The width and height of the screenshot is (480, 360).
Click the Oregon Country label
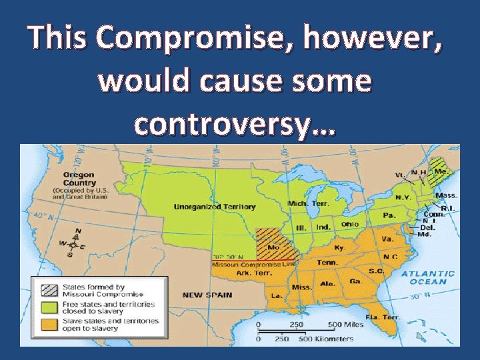pos(79,179)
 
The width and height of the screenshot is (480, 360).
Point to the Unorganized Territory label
pos(214,207)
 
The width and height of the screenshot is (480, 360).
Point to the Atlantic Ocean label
pos(428,277)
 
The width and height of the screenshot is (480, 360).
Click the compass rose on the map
pos(77,243)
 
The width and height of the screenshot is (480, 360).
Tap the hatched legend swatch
pos(49,291)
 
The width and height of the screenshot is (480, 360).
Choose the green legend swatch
pos(49,307)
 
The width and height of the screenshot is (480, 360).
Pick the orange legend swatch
pos(49,324)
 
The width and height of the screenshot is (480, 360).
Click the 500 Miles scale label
pos(345,325)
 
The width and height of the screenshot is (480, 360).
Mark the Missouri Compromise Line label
pos(253,265)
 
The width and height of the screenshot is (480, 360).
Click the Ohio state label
pos(349,224)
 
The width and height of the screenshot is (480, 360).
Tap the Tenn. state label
pos(327,262)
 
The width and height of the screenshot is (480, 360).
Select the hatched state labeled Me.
pos(439,171)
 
